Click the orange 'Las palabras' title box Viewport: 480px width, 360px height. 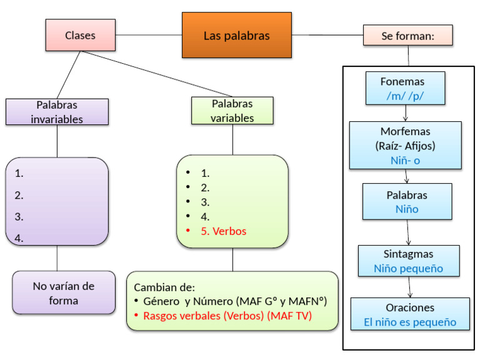(236, 36)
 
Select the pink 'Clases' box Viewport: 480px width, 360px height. (80, 35)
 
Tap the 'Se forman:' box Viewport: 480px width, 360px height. (407, 36)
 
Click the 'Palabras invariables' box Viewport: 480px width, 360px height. (57, 112)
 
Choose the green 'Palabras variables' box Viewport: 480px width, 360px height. (232, 111)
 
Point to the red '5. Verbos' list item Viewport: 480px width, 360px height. (223, 231)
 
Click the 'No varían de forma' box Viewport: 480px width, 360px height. (64, 292)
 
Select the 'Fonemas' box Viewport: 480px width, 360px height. (405, 87)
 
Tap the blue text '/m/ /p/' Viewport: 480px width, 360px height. (406, 96)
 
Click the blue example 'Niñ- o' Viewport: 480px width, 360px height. (405, 160)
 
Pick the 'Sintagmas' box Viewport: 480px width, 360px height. (408, 261)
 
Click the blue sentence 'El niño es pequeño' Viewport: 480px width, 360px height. (409, 323)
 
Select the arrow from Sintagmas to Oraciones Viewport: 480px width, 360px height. (410, 287)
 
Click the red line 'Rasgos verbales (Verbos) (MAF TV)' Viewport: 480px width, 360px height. (227, 316)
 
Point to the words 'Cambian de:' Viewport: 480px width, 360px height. (164, 287)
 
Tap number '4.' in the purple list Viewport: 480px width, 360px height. (19, 237)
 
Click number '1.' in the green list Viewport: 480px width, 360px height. (205, 173)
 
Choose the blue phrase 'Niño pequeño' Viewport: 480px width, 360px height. (408, 269)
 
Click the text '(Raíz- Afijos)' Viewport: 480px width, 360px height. (405, 147)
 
